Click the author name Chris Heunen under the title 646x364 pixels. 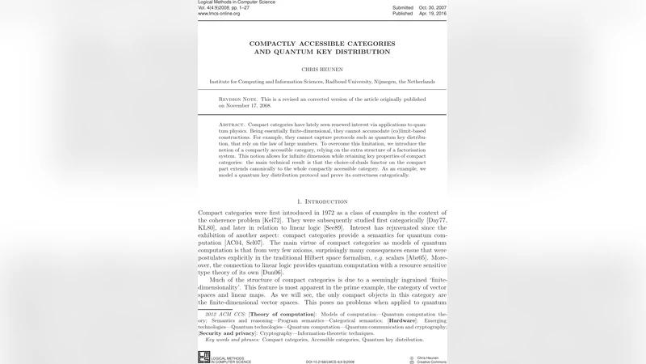coord(322,70)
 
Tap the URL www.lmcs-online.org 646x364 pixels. coord(219,14)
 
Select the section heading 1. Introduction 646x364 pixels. coord(322,201)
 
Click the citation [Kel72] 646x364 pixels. coord(272,220)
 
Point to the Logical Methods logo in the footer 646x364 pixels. coord(203,357)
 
